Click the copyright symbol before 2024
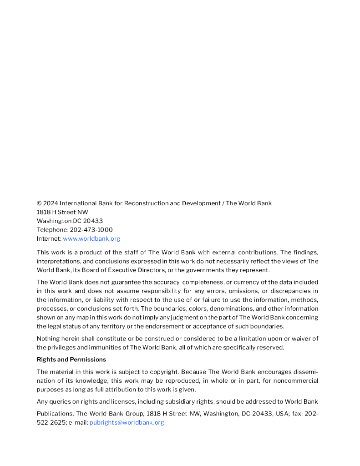point(39,203)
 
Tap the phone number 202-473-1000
point(91,230)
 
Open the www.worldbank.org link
point(91,238)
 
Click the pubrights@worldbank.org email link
point(127,422)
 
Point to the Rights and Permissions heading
point(71,360)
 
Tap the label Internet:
point(49,238)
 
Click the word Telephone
point(52,230)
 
